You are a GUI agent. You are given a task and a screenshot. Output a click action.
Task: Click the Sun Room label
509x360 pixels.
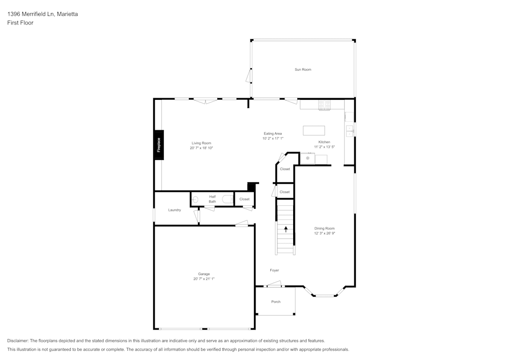[303, 69]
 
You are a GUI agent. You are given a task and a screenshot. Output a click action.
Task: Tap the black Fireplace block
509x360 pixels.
[159, 145]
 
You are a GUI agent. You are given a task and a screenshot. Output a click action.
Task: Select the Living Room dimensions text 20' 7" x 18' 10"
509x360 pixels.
[201, 148]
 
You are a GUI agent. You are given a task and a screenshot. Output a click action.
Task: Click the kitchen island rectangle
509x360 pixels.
[314, 130]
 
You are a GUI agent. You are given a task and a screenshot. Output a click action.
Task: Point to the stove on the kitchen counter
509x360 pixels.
[324, 104]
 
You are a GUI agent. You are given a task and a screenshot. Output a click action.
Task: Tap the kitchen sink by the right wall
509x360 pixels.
[350, 131]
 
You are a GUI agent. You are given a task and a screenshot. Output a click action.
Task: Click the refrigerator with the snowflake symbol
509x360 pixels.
[307, 159]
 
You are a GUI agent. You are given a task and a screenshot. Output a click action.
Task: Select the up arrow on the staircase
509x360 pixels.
[286, 229]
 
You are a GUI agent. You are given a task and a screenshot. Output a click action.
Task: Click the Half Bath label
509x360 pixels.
[212, 199]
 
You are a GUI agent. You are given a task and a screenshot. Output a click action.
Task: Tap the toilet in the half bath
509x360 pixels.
[195, 200]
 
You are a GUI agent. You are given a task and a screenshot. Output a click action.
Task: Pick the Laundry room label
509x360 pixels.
[175, 210]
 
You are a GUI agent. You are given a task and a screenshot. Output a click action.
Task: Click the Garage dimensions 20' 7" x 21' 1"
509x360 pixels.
[204, 279]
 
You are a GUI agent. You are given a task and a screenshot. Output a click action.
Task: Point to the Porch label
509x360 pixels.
[276, 302]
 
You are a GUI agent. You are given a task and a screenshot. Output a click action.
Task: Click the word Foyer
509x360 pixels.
[274, 270]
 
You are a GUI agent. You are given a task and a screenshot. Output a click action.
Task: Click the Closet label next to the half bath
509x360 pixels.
[244, 199]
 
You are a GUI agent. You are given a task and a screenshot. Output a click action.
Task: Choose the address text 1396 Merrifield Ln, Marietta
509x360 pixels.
[42, 14]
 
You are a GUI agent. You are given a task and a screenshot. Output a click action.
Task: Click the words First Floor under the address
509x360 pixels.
[20, 23]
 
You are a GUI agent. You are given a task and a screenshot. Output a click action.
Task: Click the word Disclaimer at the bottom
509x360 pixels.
[18, 341]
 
